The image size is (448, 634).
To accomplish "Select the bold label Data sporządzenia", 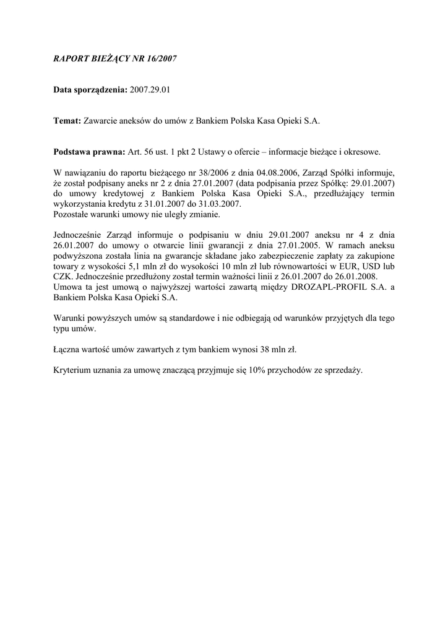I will [x=90, y=90].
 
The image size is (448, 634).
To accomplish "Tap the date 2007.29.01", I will [x=150, y=90].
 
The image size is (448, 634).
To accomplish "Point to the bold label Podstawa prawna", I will [x=89, y=152].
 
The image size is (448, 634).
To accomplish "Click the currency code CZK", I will [x=63, y=276].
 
